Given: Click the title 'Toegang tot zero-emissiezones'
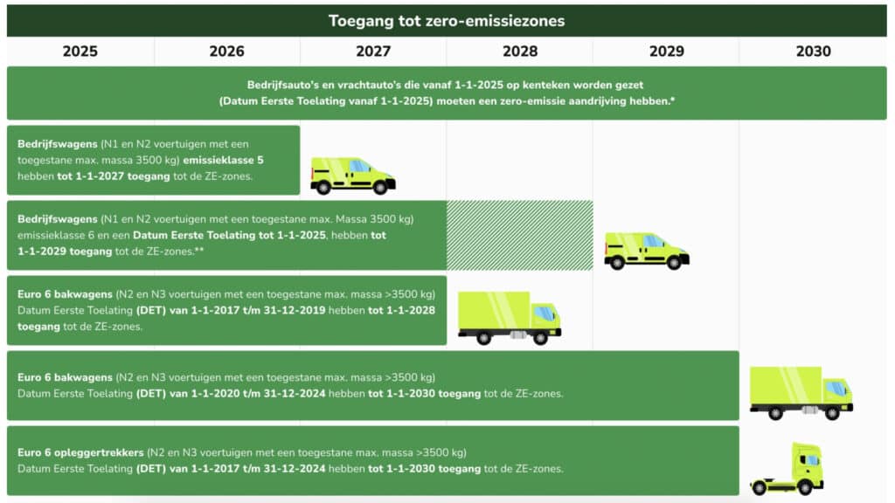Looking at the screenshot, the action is click(x=447, y=21).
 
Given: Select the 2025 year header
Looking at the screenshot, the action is click(x=80, y=52).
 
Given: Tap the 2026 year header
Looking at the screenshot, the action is click(x=226, y=52).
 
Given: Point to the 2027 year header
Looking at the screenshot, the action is click(x=373, y=52).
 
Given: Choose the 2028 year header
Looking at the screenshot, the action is click(x=520, y=52).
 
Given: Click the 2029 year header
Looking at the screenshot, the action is click(x=667, y=52).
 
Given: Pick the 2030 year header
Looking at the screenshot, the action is click(x=814, y=52).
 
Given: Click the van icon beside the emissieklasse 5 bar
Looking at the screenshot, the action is click(x=353, y=176).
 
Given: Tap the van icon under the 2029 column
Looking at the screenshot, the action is click(x=647, y=251).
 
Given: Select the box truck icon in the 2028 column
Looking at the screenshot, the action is click(x=510, y=318).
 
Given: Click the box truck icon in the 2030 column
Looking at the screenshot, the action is click(x=801, y=393).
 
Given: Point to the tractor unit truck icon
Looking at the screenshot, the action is click(x=787, y=469).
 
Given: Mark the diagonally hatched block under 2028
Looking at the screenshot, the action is click(x=520, y=235).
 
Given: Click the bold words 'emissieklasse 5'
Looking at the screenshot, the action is click(x=223, y=161).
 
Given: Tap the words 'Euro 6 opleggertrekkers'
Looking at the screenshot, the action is click(x=80, y=453).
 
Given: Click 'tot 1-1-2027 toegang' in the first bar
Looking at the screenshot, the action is click(x=114, y=176).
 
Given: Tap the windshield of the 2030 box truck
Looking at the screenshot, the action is click(x=836, y=389).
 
